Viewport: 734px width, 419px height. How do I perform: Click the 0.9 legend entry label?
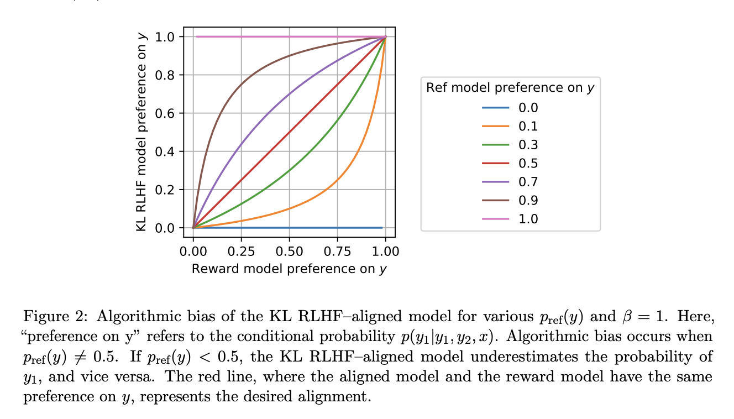pos(528,200)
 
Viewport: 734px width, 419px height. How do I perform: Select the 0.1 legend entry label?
pos(528,126)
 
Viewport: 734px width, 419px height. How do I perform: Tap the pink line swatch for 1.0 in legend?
pos(495,219)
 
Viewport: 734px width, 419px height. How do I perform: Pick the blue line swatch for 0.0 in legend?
pos(495,108)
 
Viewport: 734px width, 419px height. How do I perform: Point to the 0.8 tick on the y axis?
pos(165,75)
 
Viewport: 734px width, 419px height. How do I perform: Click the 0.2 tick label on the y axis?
pos(165,190)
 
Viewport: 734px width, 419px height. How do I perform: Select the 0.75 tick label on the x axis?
pos(337,252)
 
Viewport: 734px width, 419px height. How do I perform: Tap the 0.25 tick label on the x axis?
pos(241,252)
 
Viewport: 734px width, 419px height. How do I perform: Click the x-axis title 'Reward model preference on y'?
pos(289,269)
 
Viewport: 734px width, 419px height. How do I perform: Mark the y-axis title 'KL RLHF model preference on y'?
pos(143,132)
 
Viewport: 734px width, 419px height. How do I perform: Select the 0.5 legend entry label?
pos(528,163)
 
